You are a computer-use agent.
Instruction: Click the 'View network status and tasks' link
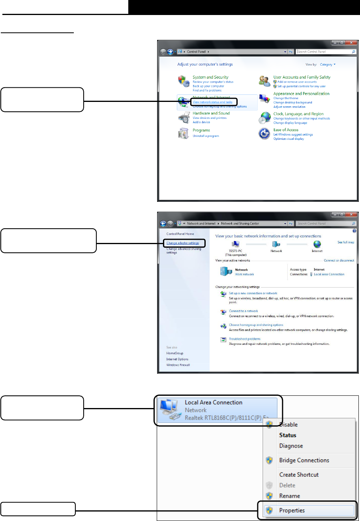point(212,102)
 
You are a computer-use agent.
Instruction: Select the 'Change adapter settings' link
point(183,243)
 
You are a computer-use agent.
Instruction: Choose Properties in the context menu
point(292,510)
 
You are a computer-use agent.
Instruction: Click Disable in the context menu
point(288,425)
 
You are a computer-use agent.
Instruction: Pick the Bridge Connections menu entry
point(304,460)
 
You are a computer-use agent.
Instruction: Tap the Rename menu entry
point(289,496)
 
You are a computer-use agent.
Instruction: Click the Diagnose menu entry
point(291,446)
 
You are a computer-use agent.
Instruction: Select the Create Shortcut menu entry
point(299,475)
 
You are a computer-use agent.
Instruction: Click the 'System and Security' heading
point(210,77)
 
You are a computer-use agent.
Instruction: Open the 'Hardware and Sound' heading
point(211,113)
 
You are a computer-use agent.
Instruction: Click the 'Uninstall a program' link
point(206,136)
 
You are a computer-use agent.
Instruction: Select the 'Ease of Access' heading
point(286,130)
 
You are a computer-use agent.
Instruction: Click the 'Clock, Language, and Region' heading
point(298,114)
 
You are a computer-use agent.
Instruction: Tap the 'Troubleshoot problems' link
point(245,339)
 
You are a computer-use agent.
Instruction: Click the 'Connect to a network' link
point(244,311)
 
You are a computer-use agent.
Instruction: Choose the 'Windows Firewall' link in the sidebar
point(178,365)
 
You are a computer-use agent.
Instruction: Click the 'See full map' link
point(346,242)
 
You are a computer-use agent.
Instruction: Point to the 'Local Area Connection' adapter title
point(214,403)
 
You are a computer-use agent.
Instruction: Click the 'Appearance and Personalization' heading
point(301,94)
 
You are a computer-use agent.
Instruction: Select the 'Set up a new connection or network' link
point(253,293)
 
